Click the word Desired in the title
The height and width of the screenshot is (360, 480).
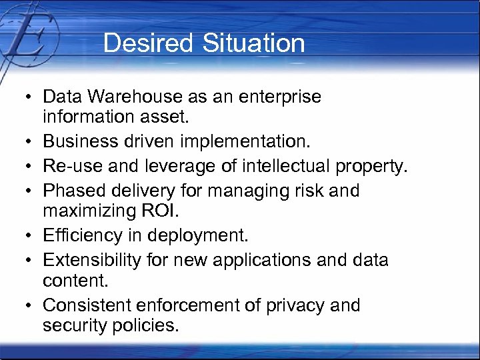pyautogui.click(x=139, y=43)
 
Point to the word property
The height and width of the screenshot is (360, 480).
pyautogui.click(x=376, y=167)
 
